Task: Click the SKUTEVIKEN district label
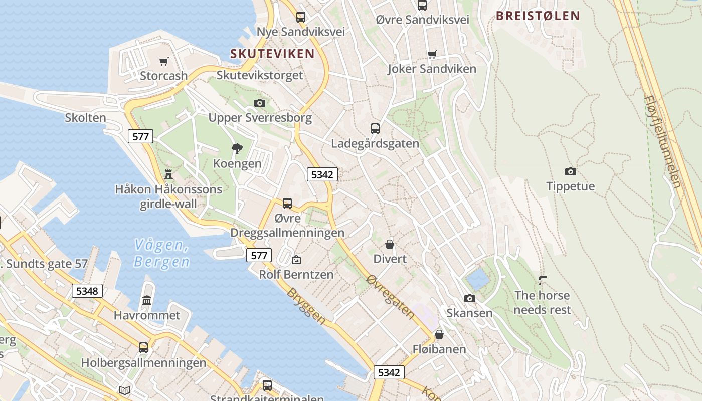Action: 272,54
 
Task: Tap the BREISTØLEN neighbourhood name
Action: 538,16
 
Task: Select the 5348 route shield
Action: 87,291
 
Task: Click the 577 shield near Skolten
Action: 140,136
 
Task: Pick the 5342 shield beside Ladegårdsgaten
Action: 322,174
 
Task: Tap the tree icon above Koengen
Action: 237,148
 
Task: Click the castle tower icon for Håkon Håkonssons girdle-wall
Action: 168,174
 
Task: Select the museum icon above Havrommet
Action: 147,300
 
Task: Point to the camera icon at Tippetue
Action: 571,171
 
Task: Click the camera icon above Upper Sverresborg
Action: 260,103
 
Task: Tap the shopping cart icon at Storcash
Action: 164,61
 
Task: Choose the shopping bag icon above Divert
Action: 390,244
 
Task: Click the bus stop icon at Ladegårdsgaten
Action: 375,128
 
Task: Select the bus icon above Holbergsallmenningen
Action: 143,347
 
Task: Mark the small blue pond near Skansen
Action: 477,279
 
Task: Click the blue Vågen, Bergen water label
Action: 161,253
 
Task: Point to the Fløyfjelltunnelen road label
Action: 663,142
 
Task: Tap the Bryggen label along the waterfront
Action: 306,305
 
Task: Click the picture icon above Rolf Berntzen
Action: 296,260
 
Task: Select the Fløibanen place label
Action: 439,349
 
